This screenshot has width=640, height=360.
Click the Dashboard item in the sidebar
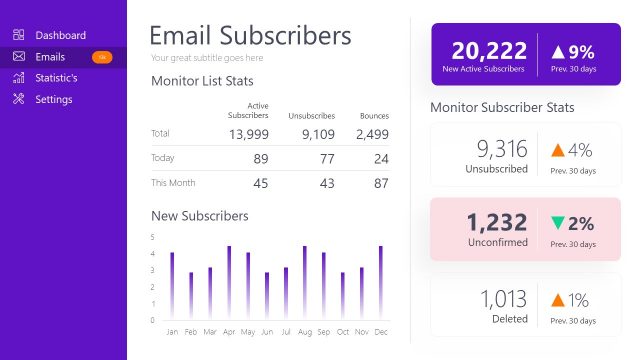click(x=60, y=35)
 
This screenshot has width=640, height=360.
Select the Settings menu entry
click(x=53, y=99)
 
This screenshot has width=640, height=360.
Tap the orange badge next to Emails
click(x=102, y=57)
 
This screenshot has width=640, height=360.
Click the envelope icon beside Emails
click(x=18, y=57)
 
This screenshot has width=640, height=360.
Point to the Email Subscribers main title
click(x=250, y=36)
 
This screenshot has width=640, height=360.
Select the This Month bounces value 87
click(x=379, y=184)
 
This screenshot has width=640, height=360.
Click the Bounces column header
click(x=374, y=116)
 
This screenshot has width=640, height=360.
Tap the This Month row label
click(x=173, y=183)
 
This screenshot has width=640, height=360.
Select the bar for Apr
click(x=229, y=283)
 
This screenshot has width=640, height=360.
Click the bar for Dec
click(x=380, y=283)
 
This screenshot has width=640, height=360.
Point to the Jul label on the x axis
click(x=286, y=331)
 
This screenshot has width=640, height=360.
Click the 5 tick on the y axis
click(x=152, y=237)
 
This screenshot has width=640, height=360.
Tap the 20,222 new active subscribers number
click(x=488, y=51)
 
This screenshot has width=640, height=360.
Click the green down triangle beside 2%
click(x=557, y=222)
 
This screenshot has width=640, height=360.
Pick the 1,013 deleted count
click(x=503, y=298)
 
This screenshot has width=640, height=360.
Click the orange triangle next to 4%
click(x=557, y=150)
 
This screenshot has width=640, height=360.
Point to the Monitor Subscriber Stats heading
click(x=502, y=107)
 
